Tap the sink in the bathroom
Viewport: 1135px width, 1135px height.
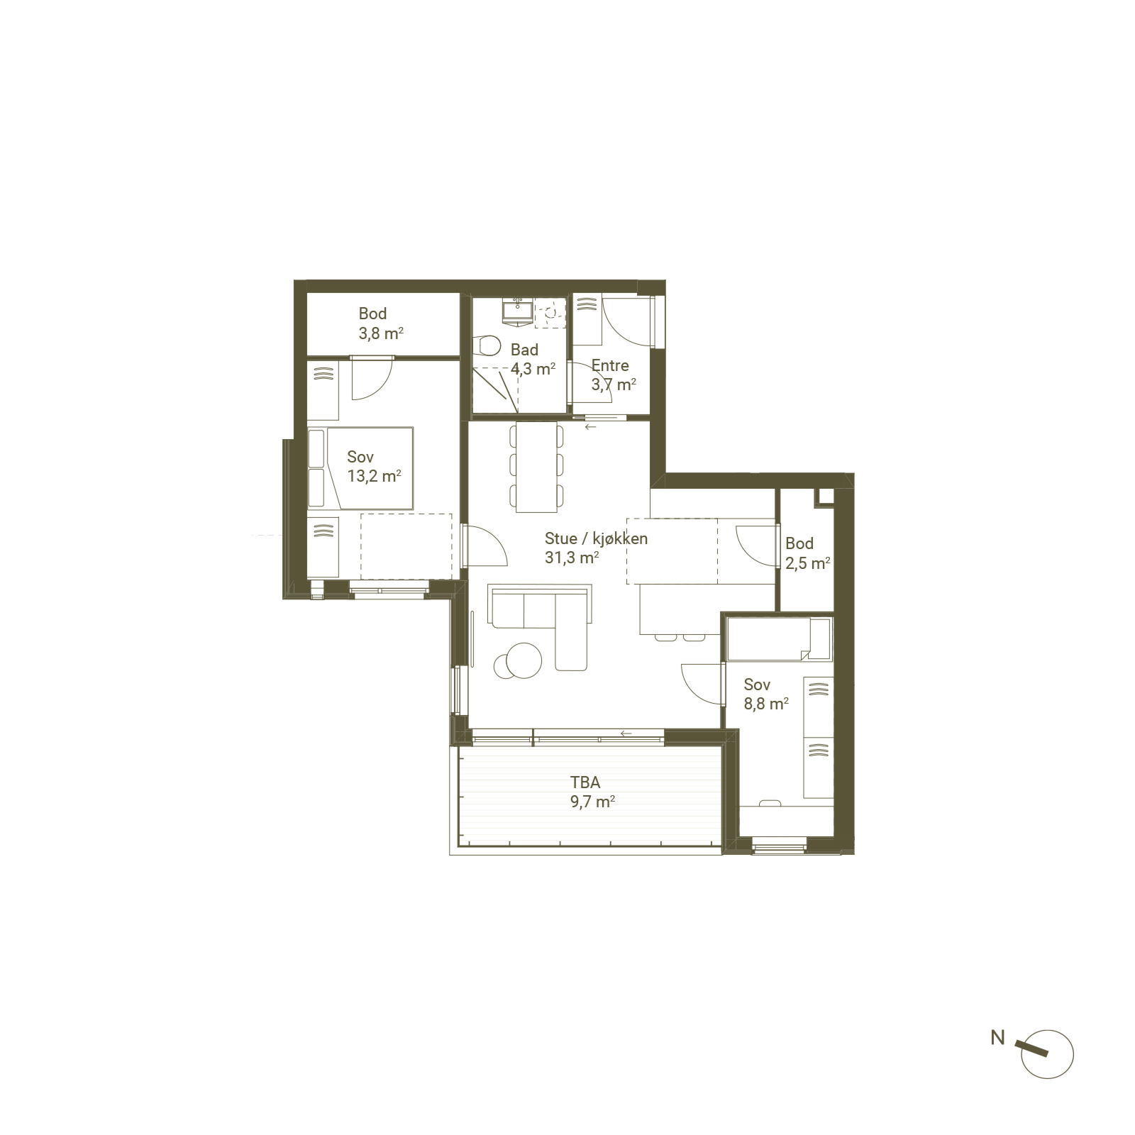tap(518, 311)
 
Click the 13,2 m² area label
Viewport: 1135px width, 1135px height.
tap(374, 476)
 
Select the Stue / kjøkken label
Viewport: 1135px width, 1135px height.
tap(596, 538)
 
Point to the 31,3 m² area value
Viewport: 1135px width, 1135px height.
tap(572, 558)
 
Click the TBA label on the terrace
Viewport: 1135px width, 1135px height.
tap(585, 782)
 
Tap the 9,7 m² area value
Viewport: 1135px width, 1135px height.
tap(592, 802)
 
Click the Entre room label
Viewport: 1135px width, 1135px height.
tap(610, 365)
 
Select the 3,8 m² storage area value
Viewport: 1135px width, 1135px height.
tap(381, 333)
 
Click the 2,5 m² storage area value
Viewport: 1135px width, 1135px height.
tap(808, 563)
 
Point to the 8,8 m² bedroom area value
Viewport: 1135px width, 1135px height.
tap(766, 704)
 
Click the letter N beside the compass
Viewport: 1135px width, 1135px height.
tap(998, 1038)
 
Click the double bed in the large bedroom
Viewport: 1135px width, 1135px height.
tap(360, 468)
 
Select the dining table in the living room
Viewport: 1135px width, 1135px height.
tap(536, 467)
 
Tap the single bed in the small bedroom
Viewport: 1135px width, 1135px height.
tap(779, 639)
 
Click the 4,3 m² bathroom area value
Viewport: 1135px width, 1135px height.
tap(533, 369)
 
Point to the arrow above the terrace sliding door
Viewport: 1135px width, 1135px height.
tap(626, 733)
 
